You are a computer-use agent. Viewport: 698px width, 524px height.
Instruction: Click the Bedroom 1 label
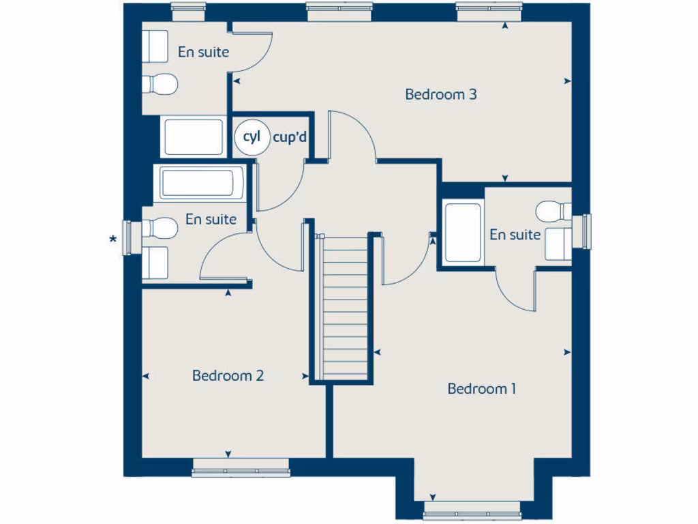(481, 389)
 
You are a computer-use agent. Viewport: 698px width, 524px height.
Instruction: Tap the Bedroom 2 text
(228, 376)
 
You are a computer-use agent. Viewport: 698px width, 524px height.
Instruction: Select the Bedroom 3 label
(440, 94)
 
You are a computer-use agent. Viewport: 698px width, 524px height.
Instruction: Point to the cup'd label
(290, 137)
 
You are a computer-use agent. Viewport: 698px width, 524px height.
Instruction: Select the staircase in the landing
(345, 307)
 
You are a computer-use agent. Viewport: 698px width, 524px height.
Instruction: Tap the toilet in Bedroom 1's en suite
(553, 211)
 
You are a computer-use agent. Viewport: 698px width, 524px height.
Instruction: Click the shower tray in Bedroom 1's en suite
(463, 232)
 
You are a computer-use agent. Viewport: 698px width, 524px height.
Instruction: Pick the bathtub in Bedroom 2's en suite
(202, 184)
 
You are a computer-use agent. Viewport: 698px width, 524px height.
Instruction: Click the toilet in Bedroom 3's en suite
(160, 84)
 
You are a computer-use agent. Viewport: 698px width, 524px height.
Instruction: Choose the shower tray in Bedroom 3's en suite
(194, 136)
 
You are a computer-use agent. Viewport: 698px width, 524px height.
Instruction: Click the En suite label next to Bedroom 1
(515, 235)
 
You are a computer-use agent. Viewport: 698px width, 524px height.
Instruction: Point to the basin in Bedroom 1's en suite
(558, 244)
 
